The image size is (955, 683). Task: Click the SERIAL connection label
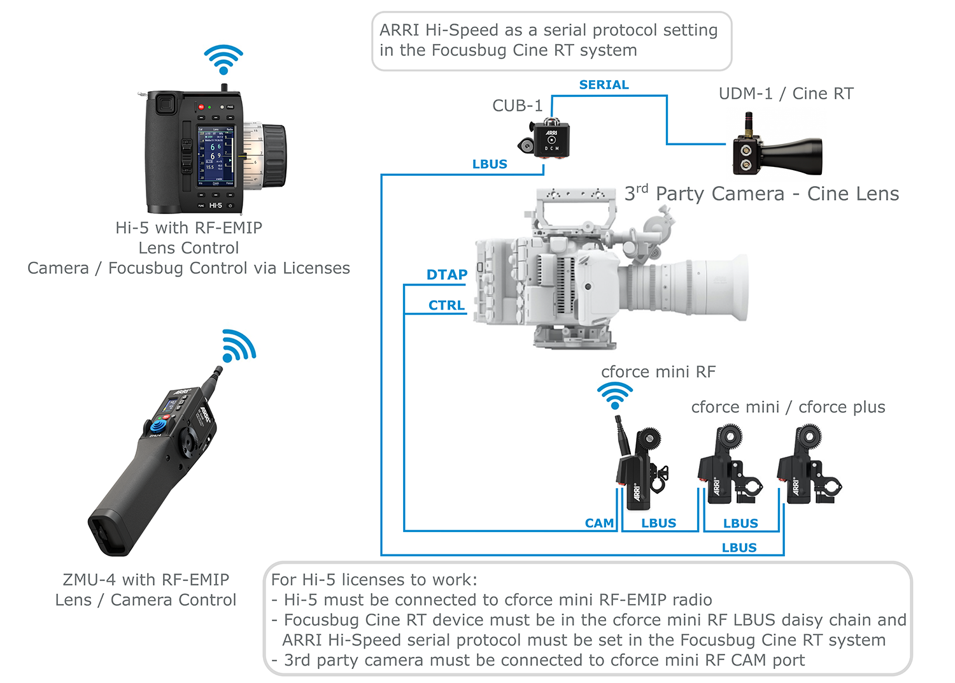coord(604,85)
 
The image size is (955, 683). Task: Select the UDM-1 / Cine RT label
coord(786,94)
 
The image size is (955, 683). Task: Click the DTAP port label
coord(446,275)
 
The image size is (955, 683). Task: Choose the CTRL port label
coord(446,305)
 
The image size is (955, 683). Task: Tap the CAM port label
coord(599,523)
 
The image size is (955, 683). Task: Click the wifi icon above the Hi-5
coord(223,59)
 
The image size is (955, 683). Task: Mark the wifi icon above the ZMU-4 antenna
coord(239,346)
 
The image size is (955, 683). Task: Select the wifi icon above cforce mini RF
coord(615,395)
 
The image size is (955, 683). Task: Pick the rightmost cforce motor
coord(808,465)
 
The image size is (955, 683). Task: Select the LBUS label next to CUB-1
coord(490,164)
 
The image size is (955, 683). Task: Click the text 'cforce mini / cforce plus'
coord(788,407)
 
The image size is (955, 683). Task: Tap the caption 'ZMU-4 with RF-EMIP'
coord(146,580)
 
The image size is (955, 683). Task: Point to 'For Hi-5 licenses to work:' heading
coord(374,580)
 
